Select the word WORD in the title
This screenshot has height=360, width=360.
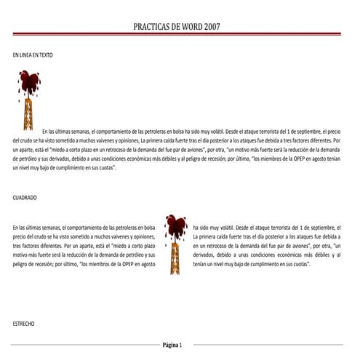click(x=185, y=26)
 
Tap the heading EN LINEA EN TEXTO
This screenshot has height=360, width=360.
click(x=33, y=55)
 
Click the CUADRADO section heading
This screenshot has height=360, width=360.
click(x=25, y=197)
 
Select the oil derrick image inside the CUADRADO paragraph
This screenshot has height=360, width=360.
click(x=175, y=241)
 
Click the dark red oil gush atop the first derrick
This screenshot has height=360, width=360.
click(x=29, y=80)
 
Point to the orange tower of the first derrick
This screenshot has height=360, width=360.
click(x=29, y=113)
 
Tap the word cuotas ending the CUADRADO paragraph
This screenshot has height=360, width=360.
click(x=299, y=264)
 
